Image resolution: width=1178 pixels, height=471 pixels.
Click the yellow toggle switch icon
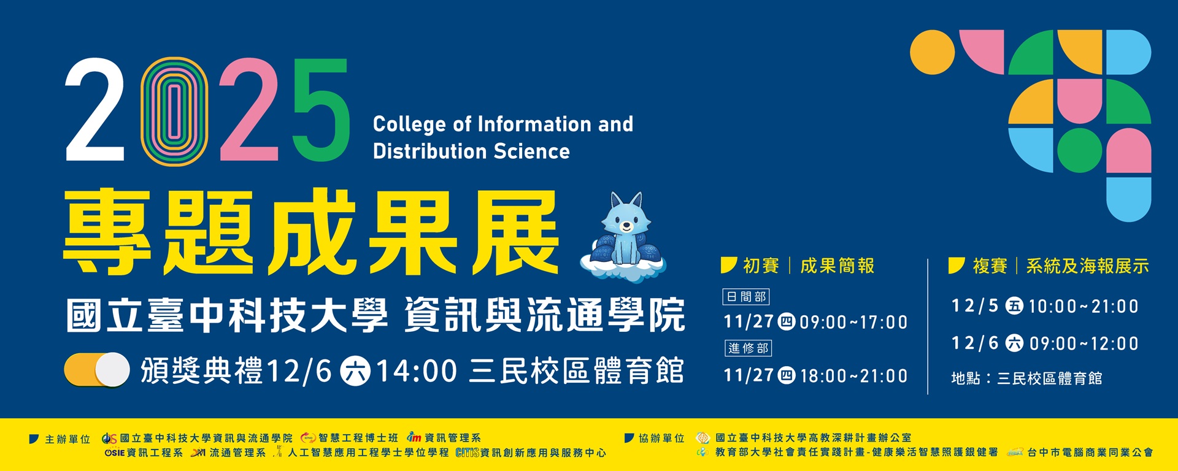(97, 370)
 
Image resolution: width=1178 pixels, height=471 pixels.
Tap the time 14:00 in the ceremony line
(416, 371)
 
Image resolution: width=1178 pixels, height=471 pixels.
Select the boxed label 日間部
(746, 297)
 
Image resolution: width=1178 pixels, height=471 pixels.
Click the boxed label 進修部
(747, 348)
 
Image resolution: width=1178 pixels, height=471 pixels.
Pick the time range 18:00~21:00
(853, 376)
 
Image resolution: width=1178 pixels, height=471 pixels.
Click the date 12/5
(975, 305)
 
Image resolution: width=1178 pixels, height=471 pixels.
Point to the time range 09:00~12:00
(1084, 343)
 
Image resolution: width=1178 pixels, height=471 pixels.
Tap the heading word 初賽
(761, 266)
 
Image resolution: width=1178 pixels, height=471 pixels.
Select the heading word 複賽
(990, 266)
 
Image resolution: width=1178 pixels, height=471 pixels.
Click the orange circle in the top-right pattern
(932, 52)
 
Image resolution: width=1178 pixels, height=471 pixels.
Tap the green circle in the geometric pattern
(1080, 150)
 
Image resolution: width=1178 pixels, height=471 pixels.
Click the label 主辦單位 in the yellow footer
(67, 439)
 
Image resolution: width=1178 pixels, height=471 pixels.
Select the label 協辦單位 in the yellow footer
(661, 438)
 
